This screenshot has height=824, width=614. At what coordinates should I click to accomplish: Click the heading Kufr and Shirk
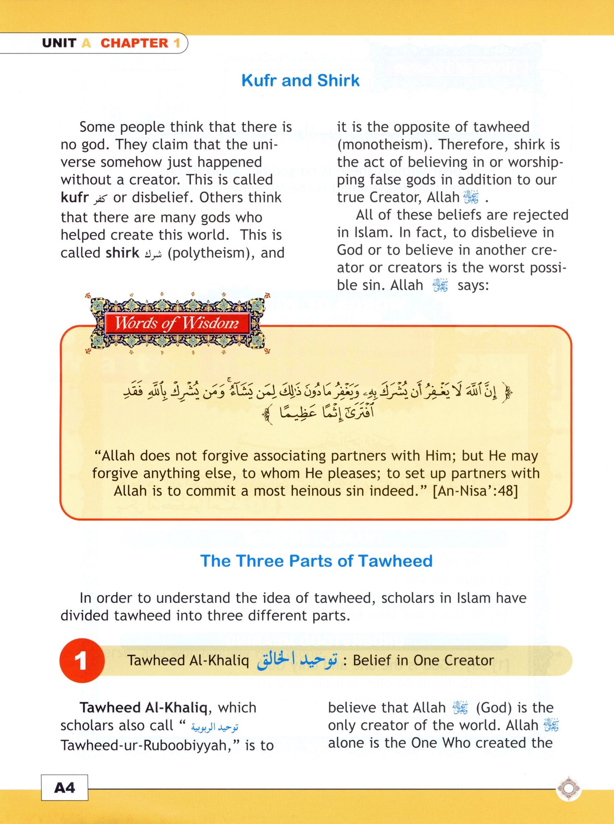[300, 80]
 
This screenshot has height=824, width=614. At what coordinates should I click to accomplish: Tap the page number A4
[64, 788]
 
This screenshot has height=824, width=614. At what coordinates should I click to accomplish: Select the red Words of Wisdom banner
[177, 323]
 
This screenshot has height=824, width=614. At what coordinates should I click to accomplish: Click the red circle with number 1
[82, 660]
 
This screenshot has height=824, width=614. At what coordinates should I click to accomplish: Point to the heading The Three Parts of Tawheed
[316, 561]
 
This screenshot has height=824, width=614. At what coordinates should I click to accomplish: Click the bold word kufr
[75, 198]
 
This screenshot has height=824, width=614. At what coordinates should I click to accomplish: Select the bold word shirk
[122, 253]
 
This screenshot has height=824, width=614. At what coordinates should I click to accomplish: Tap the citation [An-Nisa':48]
[475, 491]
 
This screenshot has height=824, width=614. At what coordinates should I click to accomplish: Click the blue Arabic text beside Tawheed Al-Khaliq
[297, 660]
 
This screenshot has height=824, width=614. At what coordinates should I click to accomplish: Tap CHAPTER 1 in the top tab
[140, 43]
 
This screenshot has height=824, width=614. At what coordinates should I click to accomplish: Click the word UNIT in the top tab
[59, 43]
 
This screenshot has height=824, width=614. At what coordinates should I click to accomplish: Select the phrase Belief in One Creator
[423, 660]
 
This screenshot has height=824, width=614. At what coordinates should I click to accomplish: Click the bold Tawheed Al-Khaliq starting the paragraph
[144, 708]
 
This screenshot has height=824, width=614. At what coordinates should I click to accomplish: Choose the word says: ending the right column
[473, 285]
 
